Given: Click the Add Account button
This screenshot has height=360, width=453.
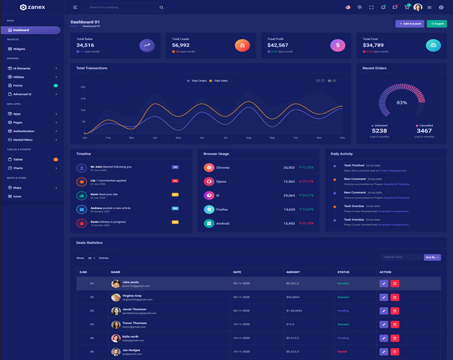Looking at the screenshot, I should point(409,24).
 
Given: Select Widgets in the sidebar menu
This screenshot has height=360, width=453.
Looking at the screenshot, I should point(19,49).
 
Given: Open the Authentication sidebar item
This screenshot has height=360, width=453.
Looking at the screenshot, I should point(24,131).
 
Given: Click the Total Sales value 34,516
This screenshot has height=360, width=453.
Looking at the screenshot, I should point(85,45).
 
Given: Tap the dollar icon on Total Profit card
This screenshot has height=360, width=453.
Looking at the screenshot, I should point(337,45).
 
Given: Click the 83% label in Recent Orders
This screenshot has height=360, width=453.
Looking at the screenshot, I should point(401,102).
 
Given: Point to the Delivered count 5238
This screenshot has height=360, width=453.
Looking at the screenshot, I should point(379,131).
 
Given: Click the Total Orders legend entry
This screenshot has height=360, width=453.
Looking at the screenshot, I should point(197,81).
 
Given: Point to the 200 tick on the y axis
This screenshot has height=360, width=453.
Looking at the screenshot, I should point(83,87).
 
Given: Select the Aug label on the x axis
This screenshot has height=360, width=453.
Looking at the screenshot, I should point(249,138).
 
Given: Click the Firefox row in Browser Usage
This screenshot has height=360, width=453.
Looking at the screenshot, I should point(222,209).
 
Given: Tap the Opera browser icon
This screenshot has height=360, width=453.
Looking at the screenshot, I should point(209,182).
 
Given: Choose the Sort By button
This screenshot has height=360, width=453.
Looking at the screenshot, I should point(432,258).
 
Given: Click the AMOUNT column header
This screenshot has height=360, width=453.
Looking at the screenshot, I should point(293,272).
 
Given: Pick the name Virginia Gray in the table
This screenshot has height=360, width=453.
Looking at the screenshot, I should point(132,295).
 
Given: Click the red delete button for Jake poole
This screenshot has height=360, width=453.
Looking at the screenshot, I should point(395,284).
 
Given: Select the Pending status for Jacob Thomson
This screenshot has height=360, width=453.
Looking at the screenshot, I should point(343,311).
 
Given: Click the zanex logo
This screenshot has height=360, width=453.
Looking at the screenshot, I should point(32,7).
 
